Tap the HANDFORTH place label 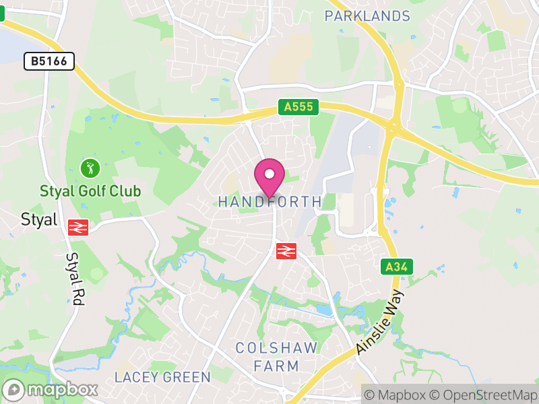(270, 202)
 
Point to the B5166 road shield (49, 62)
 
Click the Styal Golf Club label (90, 191)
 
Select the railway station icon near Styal (79, 227)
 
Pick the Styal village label (39, 220)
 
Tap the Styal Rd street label (74, 280)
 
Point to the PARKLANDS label (367, 16)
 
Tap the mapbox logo (51, 389)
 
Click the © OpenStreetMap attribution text (486, 395)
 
